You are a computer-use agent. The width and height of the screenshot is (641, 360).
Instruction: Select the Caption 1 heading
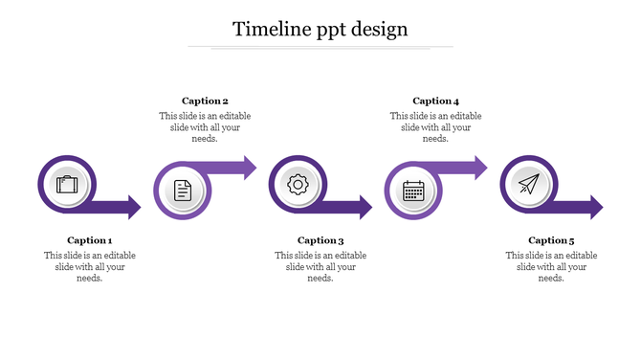coord(90,240)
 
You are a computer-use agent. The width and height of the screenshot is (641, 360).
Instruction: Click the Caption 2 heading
coord(205,101)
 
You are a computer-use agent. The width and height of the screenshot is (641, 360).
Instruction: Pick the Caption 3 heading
coord(320,240)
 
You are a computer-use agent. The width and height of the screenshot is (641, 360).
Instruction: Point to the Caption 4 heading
coord(436,101)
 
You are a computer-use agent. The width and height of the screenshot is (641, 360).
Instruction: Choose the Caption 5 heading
coord(551,240)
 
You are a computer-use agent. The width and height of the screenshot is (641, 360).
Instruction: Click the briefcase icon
coord(67,185)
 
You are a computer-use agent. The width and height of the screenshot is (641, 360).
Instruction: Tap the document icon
coord(183,190)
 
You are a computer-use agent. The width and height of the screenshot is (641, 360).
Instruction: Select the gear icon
coord(298,185)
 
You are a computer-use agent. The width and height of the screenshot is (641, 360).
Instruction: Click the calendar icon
coord(413,190)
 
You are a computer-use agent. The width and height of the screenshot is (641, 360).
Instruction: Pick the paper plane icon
coord(528,185)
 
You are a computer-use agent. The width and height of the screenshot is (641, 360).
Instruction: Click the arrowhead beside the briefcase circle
coord(133,207)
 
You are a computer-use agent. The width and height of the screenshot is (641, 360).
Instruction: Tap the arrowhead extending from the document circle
coord(249,169)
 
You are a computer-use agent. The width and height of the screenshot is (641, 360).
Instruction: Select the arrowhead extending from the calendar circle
coord(479,169)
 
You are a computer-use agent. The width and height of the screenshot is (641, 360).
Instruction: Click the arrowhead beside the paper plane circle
coord(595,207)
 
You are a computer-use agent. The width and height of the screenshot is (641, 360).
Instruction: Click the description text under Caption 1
coord(90,266)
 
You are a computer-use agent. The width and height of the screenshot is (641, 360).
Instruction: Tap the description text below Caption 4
coord(436,126)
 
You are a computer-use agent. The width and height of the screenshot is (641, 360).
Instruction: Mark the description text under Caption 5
coord(551,266)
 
